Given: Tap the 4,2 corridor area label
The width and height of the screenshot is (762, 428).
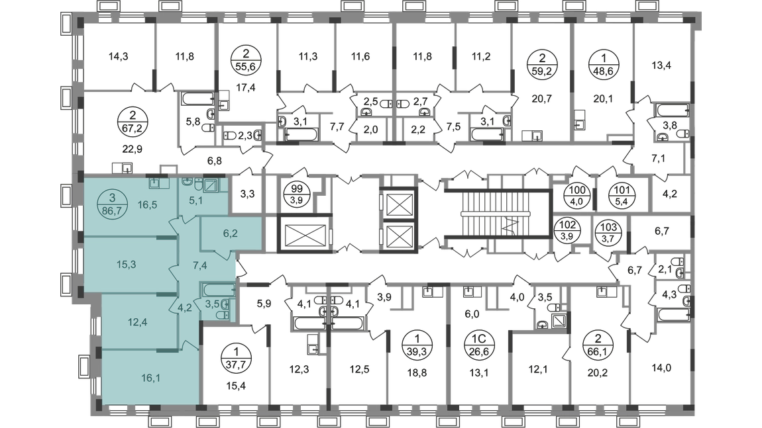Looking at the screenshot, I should click(185, 306).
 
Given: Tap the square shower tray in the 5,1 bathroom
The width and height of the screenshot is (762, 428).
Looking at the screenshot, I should click(211, 186).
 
